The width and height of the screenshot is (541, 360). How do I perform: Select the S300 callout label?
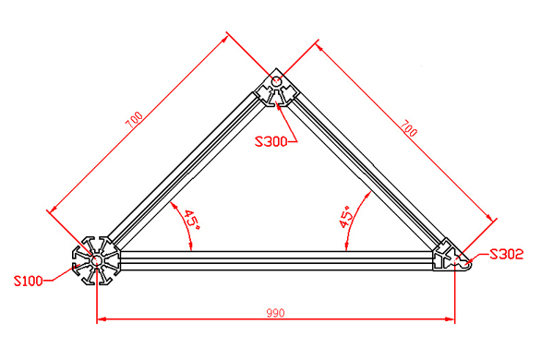(x=270, y=141)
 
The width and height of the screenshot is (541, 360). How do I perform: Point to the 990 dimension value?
(x=275, y=313)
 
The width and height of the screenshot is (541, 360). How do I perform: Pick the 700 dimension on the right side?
(x=406, y=128)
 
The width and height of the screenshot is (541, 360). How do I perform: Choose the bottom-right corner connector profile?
(x=451, y=256)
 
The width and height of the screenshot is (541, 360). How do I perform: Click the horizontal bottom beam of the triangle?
(x=277, y=260)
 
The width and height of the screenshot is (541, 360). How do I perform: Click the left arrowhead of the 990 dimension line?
(x=102, y=319)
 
